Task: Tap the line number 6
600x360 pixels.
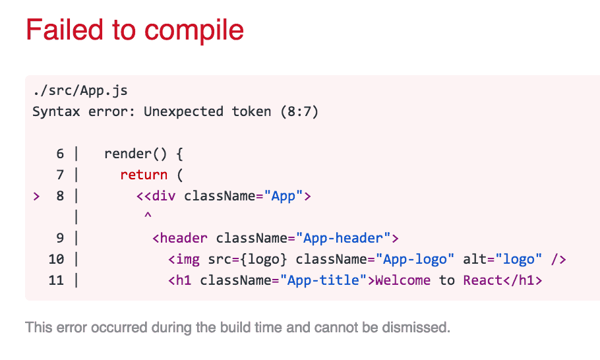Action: click(x=60, y=154)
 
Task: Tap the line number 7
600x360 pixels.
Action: click(x=60, y=175)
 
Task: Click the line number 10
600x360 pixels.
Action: click(x=56, y=259)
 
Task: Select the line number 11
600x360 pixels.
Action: click(x=56, y=280)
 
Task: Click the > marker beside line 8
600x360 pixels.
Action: click(x=36, y=196)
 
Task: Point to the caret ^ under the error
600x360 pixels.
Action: click(x=148, y=216)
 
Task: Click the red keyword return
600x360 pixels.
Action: click(x=144, y=175)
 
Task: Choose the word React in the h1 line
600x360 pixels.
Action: click(x=483, y=280)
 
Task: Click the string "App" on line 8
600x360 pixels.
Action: click(x=284, y=196)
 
